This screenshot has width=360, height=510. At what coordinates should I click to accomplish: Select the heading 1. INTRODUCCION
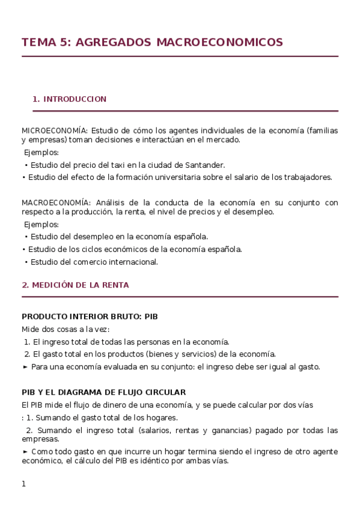[70, 99]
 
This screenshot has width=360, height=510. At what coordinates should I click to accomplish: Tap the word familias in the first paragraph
[323, 130]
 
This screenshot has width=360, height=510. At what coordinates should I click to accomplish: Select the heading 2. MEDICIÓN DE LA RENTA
[75, 285]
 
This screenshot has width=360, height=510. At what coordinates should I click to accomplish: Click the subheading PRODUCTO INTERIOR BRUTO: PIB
[90, 316]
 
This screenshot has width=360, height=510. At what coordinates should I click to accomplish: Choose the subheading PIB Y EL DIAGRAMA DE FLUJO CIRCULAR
[103, 392]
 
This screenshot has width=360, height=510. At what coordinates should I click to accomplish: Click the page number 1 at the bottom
[24, 484]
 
